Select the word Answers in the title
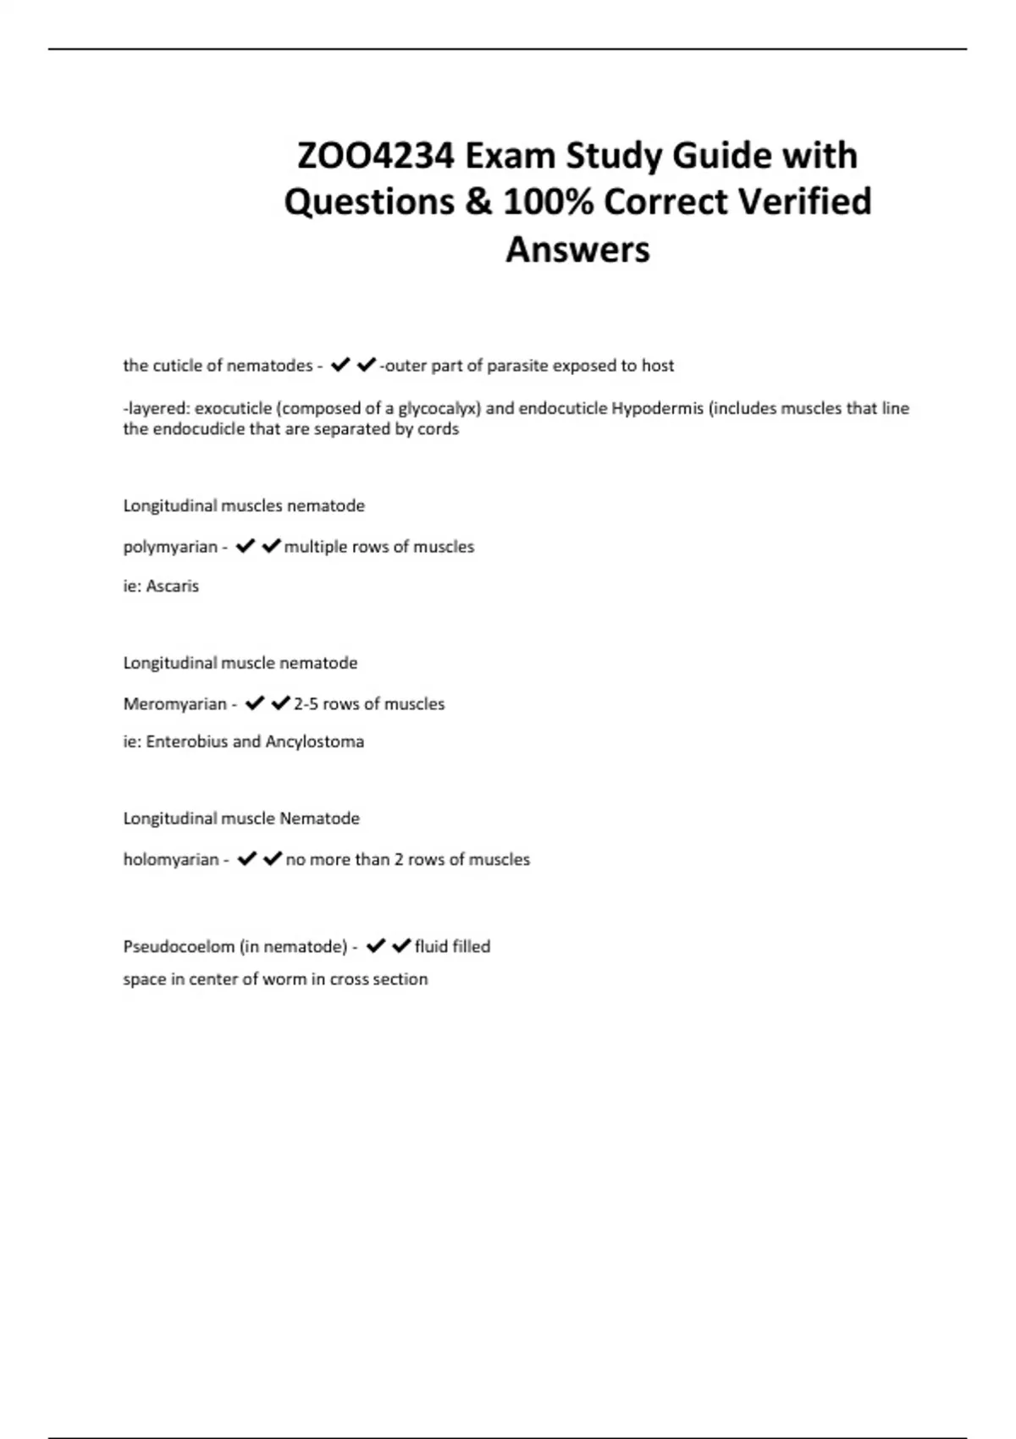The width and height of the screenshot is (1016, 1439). (x=577, y=250)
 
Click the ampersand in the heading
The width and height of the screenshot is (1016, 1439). (x=478, y=202)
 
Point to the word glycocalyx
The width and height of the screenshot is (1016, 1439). (x=438, y=409)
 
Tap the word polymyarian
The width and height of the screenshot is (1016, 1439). (x=170, y=547)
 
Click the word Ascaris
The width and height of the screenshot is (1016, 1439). (x=173, y=586)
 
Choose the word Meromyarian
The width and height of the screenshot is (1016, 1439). (x=174, y=704)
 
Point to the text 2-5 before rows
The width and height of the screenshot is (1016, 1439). (x=305, y=704)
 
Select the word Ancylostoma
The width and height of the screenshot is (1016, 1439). (x=315, y=742)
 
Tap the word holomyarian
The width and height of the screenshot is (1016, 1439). (x=171, y=860)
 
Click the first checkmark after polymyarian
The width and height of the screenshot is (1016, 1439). (x=246, y=547)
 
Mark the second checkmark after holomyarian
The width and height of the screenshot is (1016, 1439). (x=273, y=859)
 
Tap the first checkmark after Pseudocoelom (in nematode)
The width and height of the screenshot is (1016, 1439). (x=376, y=946)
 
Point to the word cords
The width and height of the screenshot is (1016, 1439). (x=439, y=429)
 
